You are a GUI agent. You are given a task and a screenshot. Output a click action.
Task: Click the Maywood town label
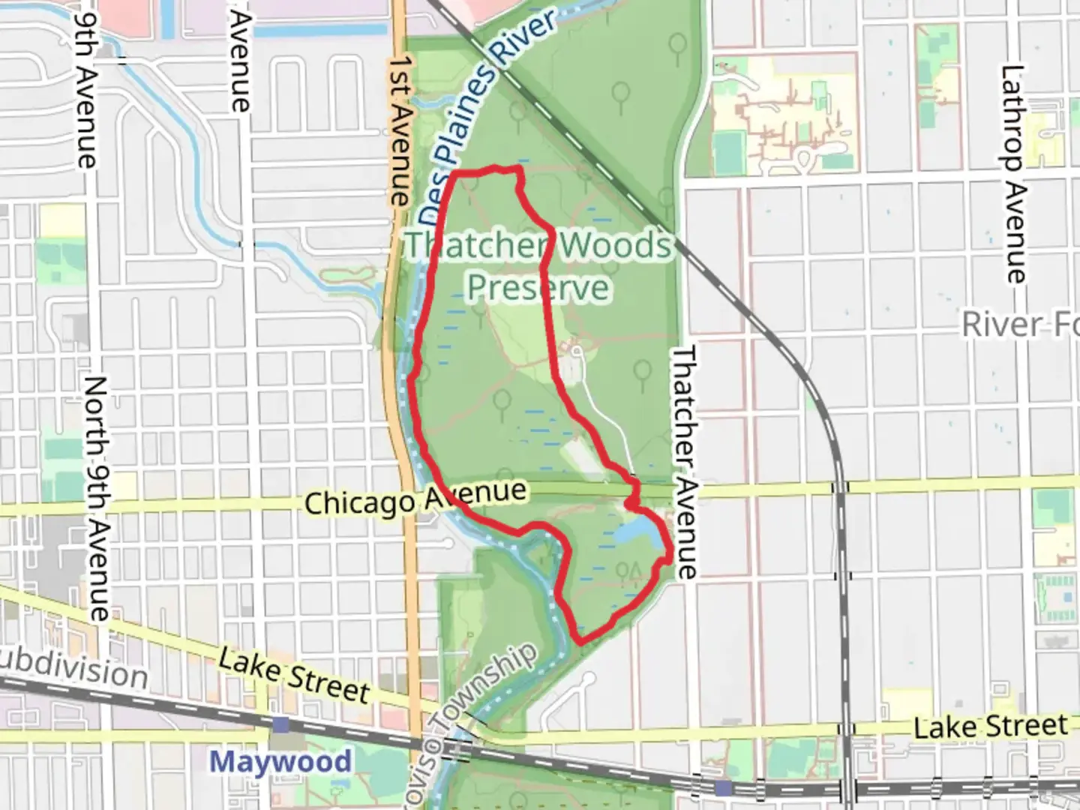coord(280,761)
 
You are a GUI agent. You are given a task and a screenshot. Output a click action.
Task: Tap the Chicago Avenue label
coord(415,497)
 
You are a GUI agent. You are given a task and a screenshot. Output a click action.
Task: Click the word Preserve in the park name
coord(538,287)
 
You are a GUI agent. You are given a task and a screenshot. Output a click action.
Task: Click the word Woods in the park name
coord(615,245)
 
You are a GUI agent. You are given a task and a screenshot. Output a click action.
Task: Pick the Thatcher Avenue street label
coord(684,461)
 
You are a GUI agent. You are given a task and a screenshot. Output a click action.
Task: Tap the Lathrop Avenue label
coord(1012,174)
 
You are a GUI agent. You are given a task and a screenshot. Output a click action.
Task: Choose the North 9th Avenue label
coord(97,498)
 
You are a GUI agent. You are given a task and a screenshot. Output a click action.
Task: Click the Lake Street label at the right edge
coord(990,726)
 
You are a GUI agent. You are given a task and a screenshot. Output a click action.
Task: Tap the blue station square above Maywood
coord(281,724)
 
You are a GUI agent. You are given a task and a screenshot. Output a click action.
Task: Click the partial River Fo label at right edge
coord(1020,325)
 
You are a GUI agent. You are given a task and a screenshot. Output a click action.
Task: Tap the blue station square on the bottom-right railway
coord(723,787)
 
